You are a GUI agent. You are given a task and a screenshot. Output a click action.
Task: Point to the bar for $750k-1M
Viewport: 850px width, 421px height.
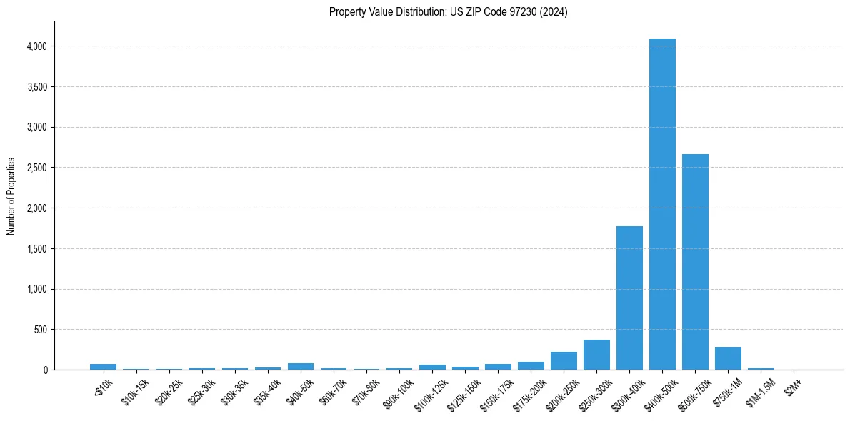coord(728,358)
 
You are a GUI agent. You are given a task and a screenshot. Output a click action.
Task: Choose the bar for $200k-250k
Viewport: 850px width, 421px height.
coord(564,360)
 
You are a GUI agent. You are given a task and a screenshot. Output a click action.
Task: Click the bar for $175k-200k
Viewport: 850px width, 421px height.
coord(531,365)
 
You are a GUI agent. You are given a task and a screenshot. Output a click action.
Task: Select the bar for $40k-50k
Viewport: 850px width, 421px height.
coord(301,366)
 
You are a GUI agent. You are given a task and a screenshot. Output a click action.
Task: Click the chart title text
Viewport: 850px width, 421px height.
coord(448,12)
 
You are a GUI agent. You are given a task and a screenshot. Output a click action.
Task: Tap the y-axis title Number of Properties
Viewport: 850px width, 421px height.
coord(11,196)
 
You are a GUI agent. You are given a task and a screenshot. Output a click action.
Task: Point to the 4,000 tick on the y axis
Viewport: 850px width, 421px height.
coord(36,46)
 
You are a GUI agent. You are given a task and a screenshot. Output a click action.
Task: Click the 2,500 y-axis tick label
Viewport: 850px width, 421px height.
coord(36,168)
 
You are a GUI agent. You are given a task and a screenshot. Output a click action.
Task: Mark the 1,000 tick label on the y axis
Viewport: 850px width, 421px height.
coord(36,289)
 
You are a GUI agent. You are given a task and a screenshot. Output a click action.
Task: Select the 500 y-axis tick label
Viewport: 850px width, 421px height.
coord(40,330)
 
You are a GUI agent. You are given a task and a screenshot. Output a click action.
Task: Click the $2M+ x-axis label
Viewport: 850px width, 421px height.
coord(793,390)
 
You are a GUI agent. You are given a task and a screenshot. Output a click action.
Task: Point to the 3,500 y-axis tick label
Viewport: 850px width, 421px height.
coord(36,87)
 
